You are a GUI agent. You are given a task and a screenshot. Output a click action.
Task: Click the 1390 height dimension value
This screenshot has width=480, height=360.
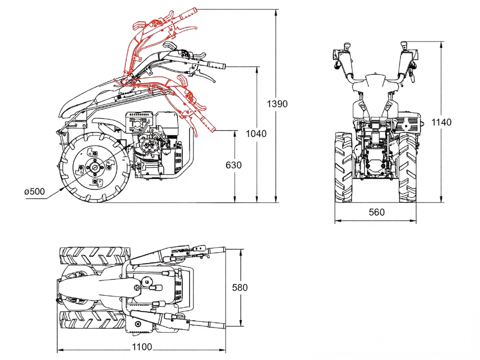(x=277, y=104)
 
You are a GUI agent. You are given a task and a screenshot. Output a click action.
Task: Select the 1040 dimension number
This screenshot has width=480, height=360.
(x=256, y=134)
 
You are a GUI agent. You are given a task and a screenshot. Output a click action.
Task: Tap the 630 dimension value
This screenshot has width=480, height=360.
(x=233, y=165)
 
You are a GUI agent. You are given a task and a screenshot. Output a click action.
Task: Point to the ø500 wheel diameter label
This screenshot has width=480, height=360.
(x=34, y=191)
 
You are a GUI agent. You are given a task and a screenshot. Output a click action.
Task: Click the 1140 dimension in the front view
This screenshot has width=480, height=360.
(x=441, y=122)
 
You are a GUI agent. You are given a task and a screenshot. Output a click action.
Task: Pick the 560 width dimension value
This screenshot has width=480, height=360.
(x=376, y=212)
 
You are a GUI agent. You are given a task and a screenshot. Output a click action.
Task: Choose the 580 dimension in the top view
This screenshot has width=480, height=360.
(x=240, y=288)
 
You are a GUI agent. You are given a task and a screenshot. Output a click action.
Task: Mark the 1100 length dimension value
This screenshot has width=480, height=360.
(x=142, y=347)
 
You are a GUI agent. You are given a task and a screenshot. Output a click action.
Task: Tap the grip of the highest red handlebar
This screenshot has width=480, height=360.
(x=188, y=13)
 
